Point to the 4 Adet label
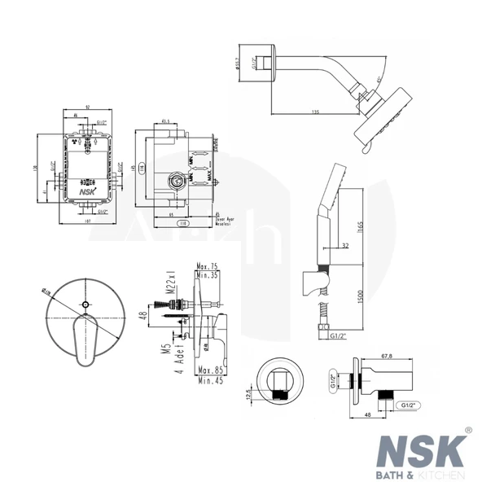point(177,368)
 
